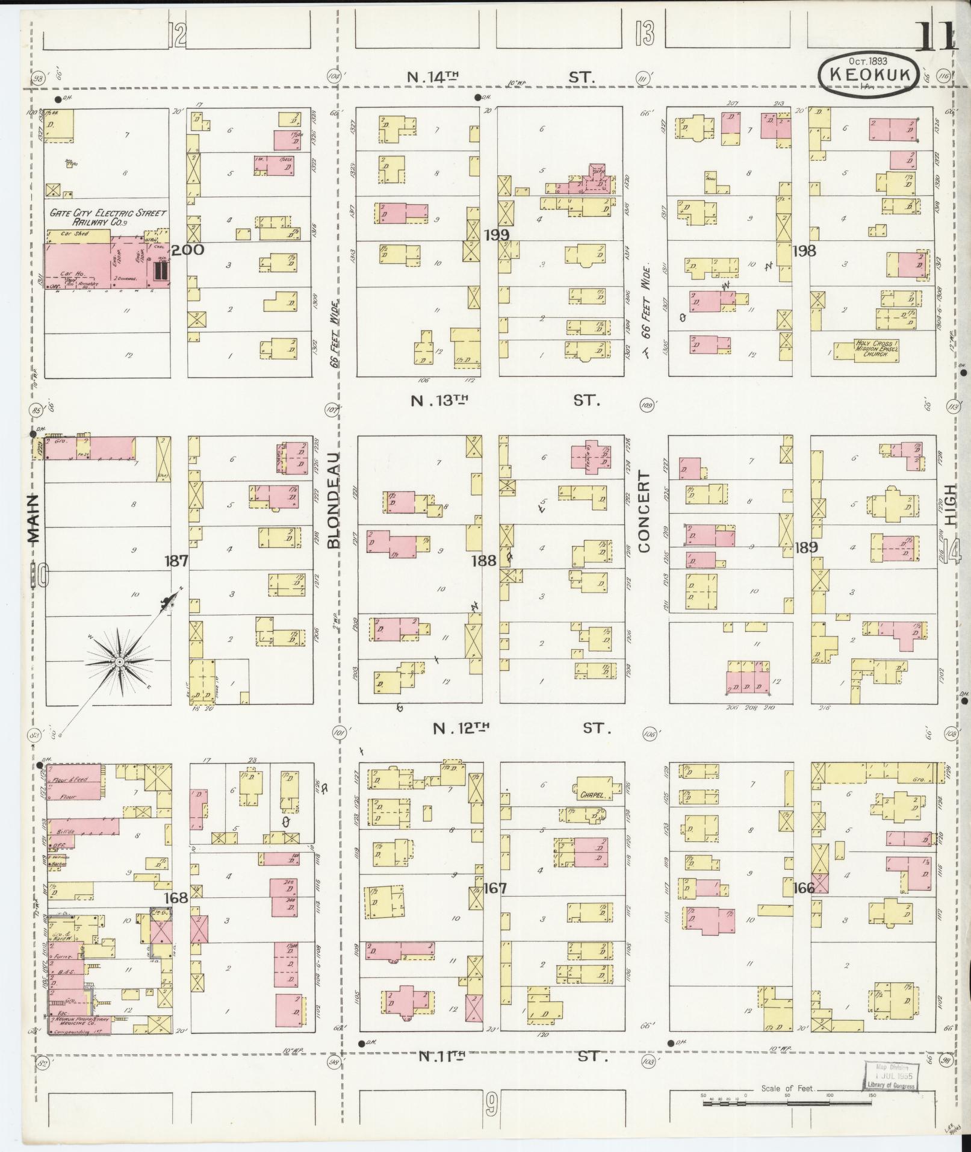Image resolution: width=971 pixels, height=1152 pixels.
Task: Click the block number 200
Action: (188, 250)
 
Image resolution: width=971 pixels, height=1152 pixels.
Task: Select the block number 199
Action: (496, 234)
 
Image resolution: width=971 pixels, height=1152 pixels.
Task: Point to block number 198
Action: (804, 251)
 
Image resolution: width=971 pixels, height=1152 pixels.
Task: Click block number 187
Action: (176, 561)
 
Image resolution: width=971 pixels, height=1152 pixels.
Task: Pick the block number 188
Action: (483, 561)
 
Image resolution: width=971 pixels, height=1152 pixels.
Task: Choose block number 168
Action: (176, 897)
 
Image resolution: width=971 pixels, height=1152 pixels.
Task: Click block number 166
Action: (804, 888)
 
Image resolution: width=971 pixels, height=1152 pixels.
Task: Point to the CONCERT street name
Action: (645, 512)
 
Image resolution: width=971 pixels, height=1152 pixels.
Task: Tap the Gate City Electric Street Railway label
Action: (107, 217)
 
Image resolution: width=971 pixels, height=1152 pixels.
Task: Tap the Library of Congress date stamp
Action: (890, 1076)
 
